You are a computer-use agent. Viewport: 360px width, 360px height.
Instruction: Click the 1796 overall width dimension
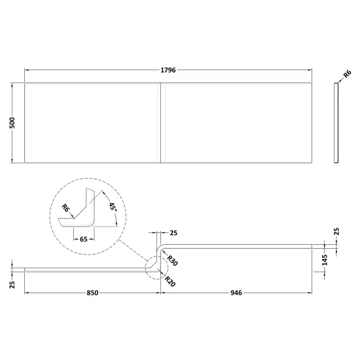point(168,70)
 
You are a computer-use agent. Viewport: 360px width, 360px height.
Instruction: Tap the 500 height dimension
point(12,122)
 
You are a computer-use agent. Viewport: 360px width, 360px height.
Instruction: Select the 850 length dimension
point(92,293)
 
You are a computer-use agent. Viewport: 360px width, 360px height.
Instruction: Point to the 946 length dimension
point(236,293)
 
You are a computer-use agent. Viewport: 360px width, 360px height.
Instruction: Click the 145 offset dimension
point(325,260)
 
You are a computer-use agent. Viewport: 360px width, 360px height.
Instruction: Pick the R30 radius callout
point(172,261)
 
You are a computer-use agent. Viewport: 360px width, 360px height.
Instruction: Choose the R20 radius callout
point(170,281)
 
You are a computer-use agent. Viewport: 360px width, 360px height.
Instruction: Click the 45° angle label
point(113,207)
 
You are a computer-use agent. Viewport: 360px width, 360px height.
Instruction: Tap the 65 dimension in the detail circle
point(84,239)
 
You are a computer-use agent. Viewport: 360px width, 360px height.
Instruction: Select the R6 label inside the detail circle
point(65,208)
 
